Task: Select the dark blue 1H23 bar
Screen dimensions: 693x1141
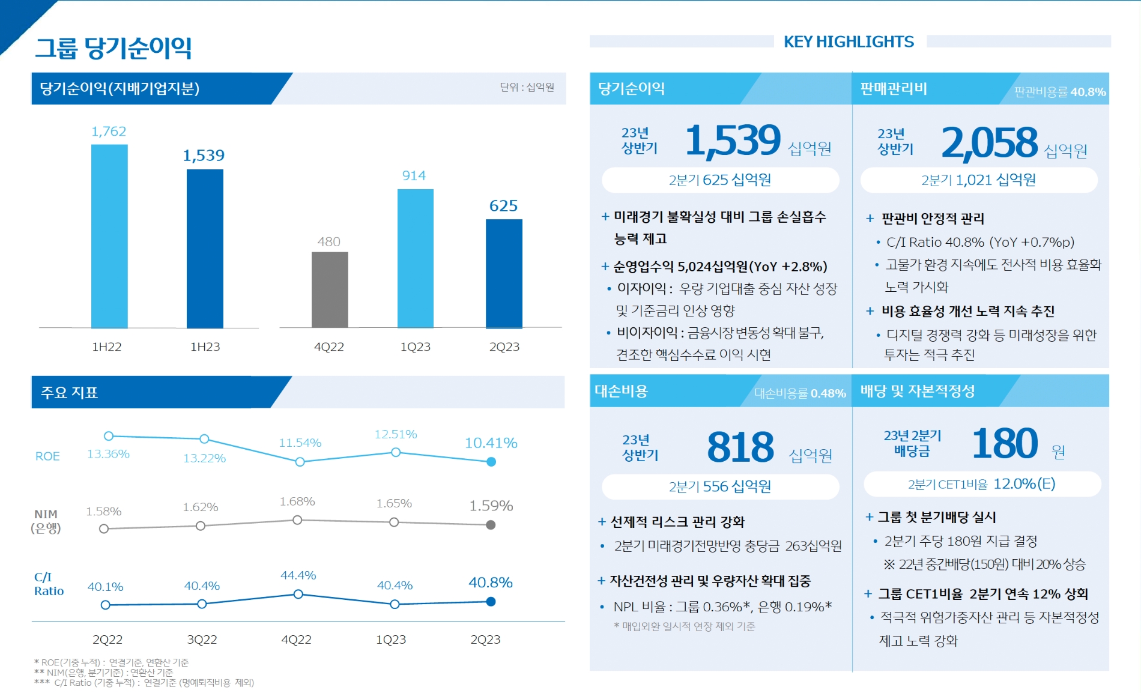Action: pyautogui.click(x=205, y=249)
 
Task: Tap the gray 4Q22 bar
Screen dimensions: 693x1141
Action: pyautogui.click(x=330, y=289)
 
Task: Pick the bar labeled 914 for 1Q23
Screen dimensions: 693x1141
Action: pyautogui.click(x=415, y=258)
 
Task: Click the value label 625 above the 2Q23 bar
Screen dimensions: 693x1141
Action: pyautogui.click(x=503, y=206)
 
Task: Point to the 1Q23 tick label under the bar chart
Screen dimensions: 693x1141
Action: pyautogui.click(x=415, y=347)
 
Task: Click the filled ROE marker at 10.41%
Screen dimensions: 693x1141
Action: pyautogui.click(x=491, y=462)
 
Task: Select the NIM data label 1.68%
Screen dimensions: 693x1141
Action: pyautogui.click(x=297, y=501)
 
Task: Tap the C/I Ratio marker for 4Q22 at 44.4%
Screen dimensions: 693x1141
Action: pyautogui.click(x=298, y=595)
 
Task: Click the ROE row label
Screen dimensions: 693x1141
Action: pyautogui.click(x=47, y=456)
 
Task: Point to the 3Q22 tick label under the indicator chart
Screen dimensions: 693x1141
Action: pyautogui.click(x=202, y=640)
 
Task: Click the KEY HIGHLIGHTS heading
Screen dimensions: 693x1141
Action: pyautogui.click(x=849, y=41)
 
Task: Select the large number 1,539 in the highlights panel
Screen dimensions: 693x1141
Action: pyautogui.click(x=733, y=141)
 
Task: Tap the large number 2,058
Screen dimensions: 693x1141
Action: pyautogui.click(x=989, y=143)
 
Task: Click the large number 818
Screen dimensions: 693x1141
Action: pyautogui.click(x=740, y=447)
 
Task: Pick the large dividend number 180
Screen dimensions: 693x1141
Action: pyautogui.click(x=1005, y=444)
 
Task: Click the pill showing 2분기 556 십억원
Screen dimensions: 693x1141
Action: pyautogui.click(x=720, y=486)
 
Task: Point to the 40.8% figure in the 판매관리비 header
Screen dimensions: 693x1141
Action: pyautogui.click(x=1088, y=92)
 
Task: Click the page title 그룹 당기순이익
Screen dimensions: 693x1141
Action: pyautogui.click(x=113, y=48)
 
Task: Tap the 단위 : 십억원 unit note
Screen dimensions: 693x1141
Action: pyautogui.click(x=527, y=88)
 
